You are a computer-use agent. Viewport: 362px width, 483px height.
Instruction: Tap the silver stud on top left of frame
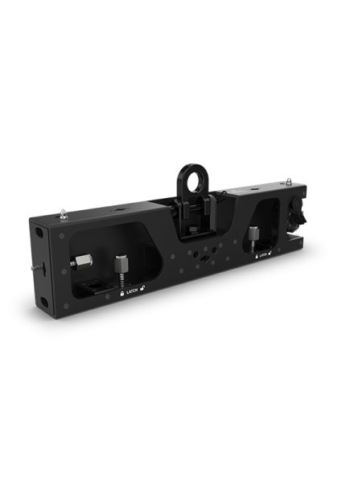point(64,213)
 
